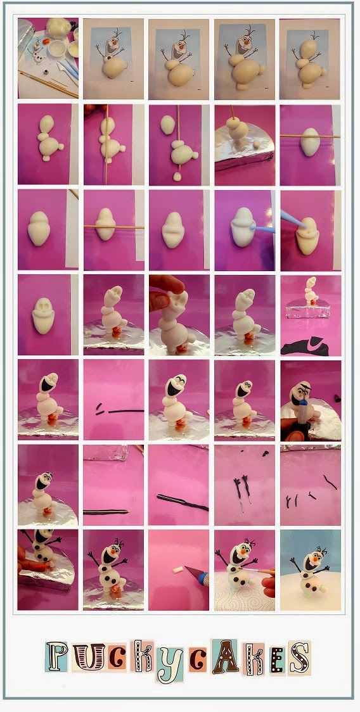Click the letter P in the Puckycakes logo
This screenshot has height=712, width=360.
pyautogui.click(x=56, y=657)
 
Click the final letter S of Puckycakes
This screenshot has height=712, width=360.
pyautogui.click(x=300, y=658)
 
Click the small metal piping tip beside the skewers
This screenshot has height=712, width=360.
pyautogui.click(x=46, y=72)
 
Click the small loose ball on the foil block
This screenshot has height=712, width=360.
pyautogui.click(x=257, y=144)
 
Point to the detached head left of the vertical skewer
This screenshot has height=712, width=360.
pyautogui.click(x=168, y=124)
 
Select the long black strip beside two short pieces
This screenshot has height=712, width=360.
pyautogui.click(x=126, y=411)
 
